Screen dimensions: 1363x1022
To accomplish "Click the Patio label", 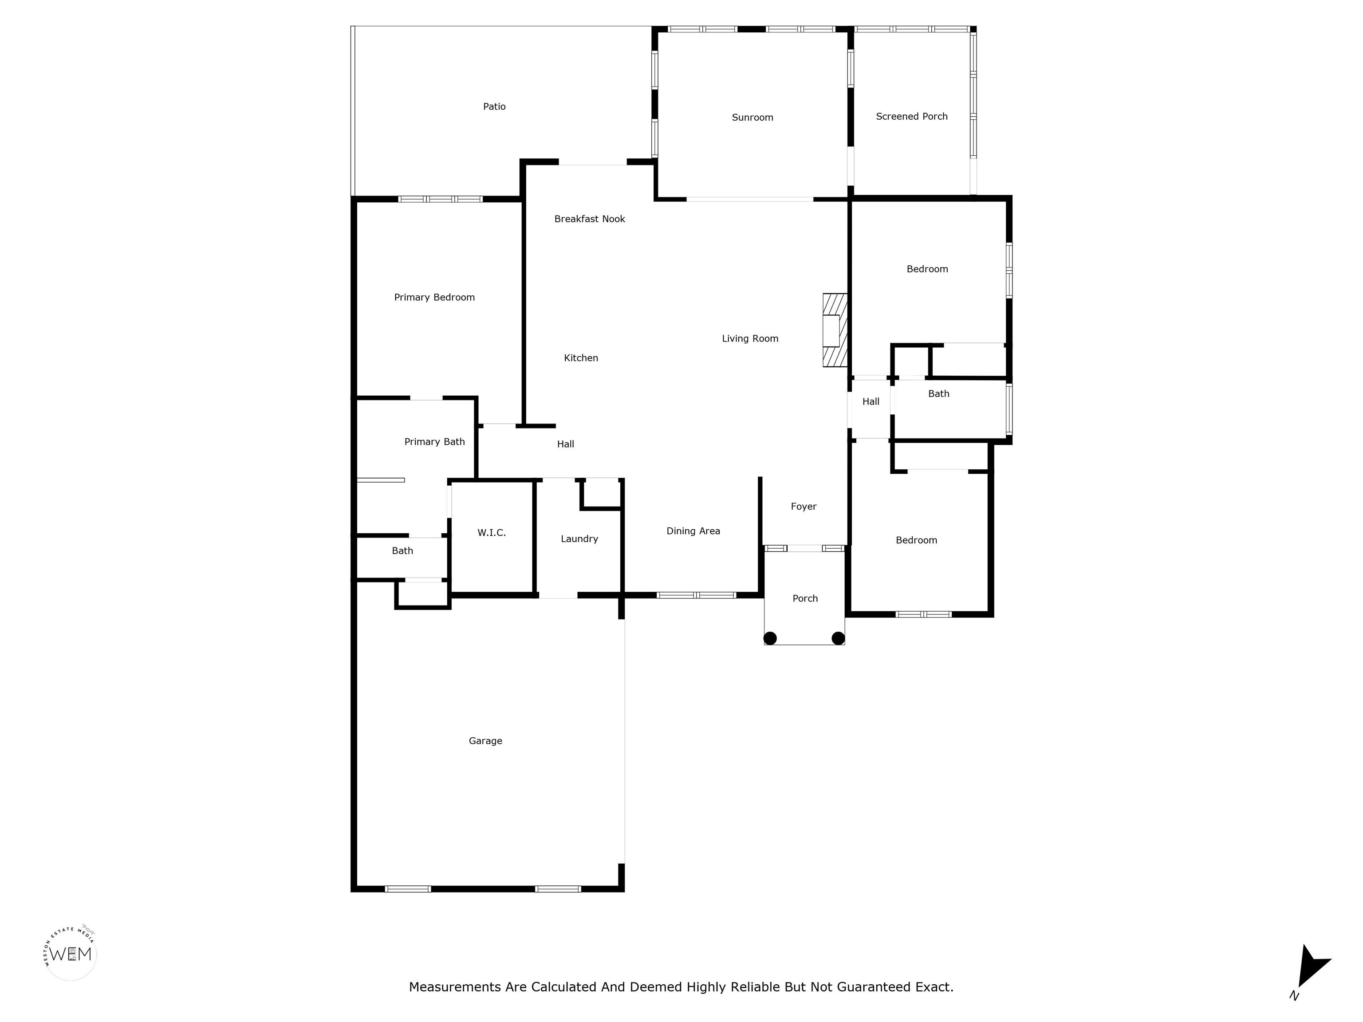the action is click(x=494, y=106).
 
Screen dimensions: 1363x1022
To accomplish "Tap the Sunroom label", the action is click(x=752, y=118).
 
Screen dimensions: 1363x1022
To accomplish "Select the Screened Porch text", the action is click(x=912, y=116).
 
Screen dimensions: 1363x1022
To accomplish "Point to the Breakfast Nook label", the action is click(x=590, y=219).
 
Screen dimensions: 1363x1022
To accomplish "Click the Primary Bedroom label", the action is click(x=434, y=298).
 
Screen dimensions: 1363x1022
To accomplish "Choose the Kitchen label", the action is click(x=581, y=358).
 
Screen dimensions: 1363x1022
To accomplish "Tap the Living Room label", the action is click(x=750, y=338).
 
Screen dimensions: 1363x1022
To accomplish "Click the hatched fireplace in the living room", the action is click(x=835, y=330).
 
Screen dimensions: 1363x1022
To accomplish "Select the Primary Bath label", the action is click(x=434, y=442).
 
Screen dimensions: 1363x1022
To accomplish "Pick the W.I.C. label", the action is click(x=492, y=533).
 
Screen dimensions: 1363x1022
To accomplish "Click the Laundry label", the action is click(x=579, y=539).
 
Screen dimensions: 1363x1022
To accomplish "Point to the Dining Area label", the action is click(x=693, y=531).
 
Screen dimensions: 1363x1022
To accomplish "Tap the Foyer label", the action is click(x=804, y=507).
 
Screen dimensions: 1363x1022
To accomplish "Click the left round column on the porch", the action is click(x=770, y=638).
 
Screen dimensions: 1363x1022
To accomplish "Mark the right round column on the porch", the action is click(x=838, y=638).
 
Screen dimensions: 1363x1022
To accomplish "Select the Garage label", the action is click(x=485, y=741).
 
